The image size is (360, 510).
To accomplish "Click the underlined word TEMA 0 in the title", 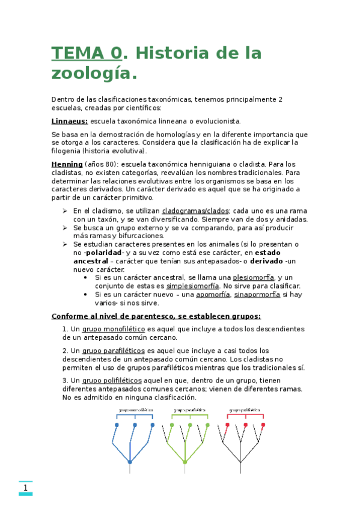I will coord(87,53).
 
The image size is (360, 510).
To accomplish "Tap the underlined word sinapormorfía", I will coord(257,295).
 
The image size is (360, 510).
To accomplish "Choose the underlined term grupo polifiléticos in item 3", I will coord(112,380).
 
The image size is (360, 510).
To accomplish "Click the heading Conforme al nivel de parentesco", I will coord(156,316).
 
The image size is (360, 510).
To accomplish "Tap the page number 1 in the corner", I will coord(26,488).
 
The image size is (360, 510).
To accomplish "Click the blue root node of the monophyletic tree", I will coord(130,462).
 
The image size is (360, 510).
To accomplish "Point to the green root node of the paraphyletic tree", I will coord(185,462).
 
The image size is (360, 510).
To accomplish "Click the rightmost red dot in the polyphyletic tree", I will coord(263,425).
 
